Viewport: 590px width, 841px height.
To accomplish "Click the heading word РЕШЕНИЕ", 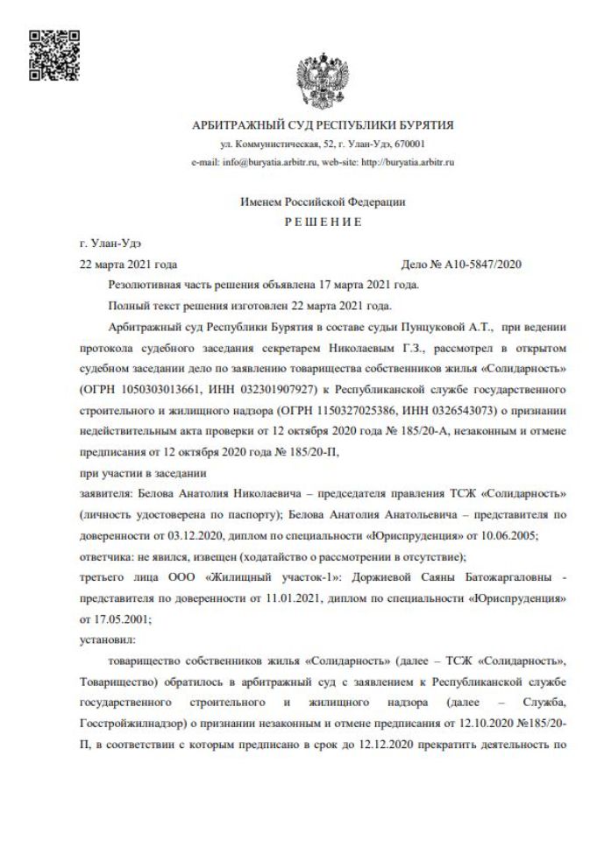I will pos(323,223).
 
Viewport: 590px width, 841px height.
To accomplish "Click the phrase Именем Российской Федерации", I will pos(323,201).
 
